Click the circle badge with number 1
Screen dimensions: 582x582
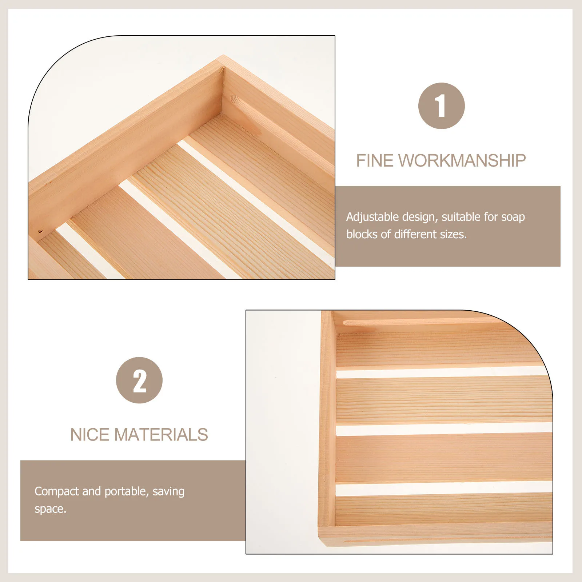point(441,106)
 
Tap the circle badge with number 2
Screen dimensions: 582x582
point(139,380)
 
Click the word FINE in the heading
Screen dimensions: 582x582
point(375,161)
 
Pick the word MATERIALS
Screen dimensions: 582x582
point(161,435)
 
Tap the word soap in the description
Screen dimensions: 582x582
point(513,217)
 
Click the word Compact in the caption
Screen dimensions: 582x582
point(57,492)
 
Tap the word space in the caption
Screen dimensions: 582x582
point(50,509)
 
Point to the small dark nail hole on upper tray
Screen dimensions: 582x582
point(40,231)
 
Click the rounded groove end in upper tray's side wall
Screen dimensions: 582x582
point(235,99)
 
